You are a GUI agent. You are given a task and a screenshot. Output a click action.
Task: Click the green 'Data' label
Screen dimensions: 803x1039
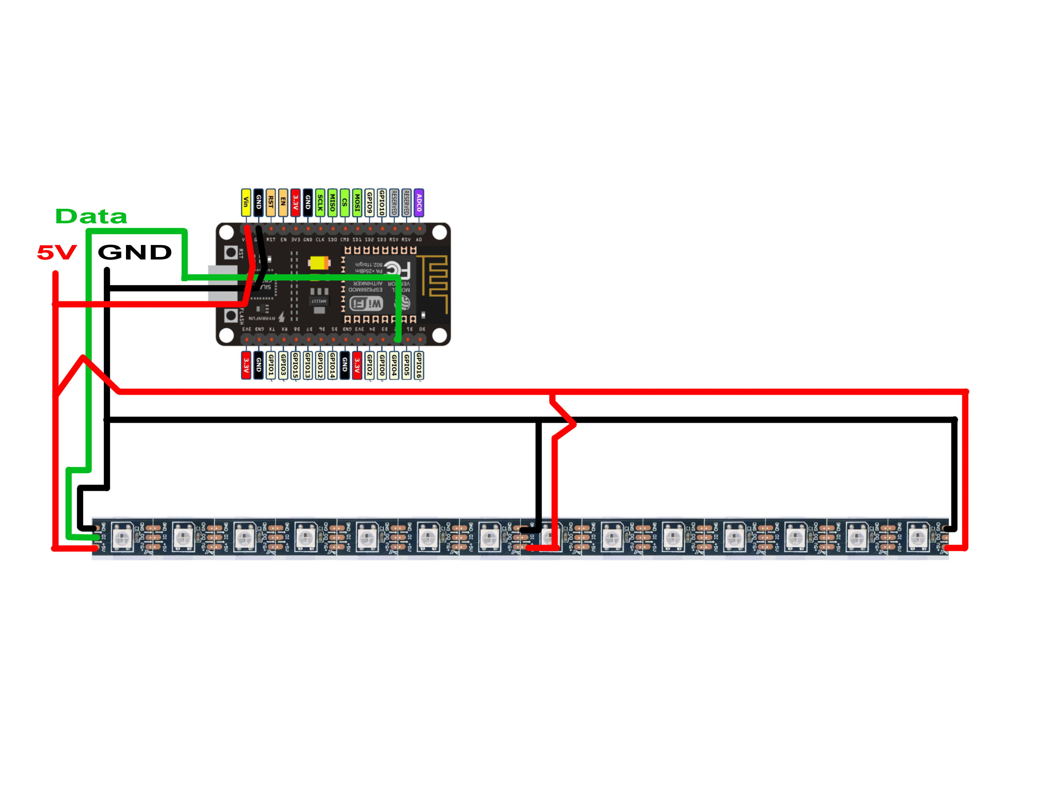pyautogui.click(x=91, y=216)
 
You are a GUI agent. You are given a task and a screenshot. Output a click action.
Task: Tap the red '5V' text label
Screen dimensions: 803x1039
pyautogui.click(x=57, y=253)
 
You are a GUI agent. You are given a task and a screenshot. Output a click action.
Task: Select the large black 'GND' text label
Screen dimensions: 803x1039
pyautogui.click(x=135, y=252)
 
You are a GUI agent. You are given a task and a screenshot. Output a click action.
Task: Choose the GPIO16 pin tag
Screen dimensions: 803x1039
pyautogui.click(x=419, y=365)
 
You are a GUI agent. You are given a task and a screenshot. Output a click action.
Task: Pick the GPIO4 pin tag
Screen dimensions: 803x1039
pyautogui.click(x=394, y=365)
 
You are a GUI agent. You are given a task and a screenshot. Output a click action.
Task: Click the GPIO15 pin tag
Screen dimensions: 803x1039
pyautogui.click(x=295, y=365)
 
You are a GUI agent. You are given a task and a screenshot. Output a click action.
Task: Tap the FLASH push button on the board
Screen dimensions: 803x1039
pyautogui.click(x=231, y=315)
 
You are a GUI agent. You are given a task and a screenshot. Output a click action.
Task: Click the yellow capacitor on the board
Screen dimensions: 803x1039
pyautogui.click(x=318, y=263)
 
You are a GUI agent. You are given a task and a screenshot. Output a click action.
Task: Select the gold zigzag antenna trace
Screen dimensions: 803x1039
pyautogui.click(x=438, y=281)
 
